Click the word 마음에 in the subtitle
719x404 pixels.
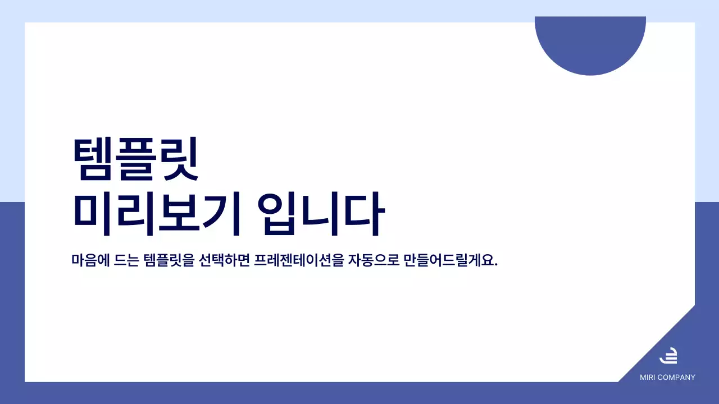click(x=88, y=261)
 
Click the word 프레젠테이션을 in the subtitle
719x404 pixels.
click(x=298, y=261)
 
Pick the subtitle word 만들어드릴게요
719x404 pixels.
click(x=449, y=261)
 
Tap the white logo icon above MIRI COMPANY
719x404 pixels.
click(x=668, y=356)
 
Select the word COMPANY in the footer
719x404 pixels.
click(x=676, y=378)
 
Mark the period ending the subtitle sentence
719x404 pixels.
click(x=496, y=265)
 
